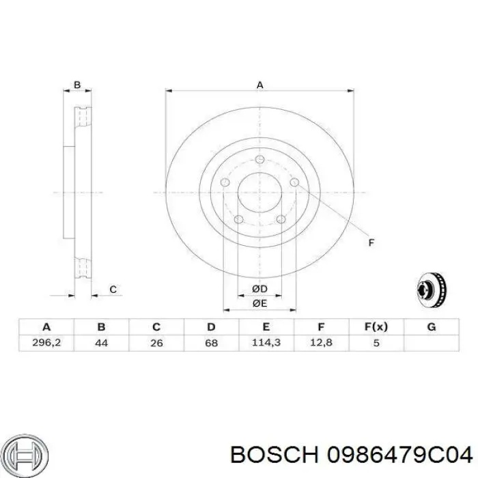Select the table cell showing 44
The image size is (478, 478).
pos(101,343)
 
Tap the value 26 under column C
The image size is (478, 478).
pos(156,343)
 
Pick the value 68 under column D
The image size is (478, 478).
pos(212,343)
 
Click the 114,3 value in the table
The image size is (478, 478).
pos(266,343)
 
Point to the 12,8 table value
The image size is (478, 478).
pos(321,343)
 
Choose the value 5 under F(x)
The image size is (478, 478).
pos(376,343)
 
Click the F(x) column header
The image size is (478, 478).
pos(376,327)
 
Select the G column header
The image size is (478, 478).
pos(431,327)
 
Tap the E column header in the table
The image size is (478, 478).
pos(266,327)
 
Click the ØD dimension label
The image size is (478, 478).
pos(259,289)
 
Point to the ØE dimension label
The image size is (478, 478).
pos(259,303)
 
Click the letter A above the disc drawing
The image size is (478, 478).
pos(259,85)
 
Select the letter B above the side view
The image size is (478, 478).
pos(77,85)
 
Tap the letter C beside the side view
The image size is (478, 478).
pos(113,290)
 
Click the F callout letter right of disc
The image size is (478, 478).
pos(371,242)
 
